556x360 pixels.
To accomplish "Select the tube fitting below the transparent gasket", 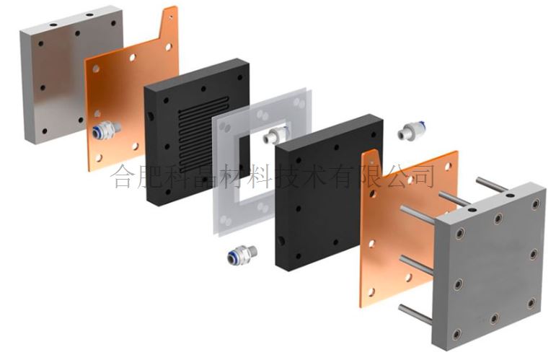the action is click(x=242, y=255).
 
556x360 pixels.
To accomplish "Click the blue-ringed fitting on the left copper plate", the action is click(x=106, y=130).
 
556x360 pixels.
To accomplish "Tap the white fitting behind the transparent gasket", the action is click(x=276, y=134).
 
